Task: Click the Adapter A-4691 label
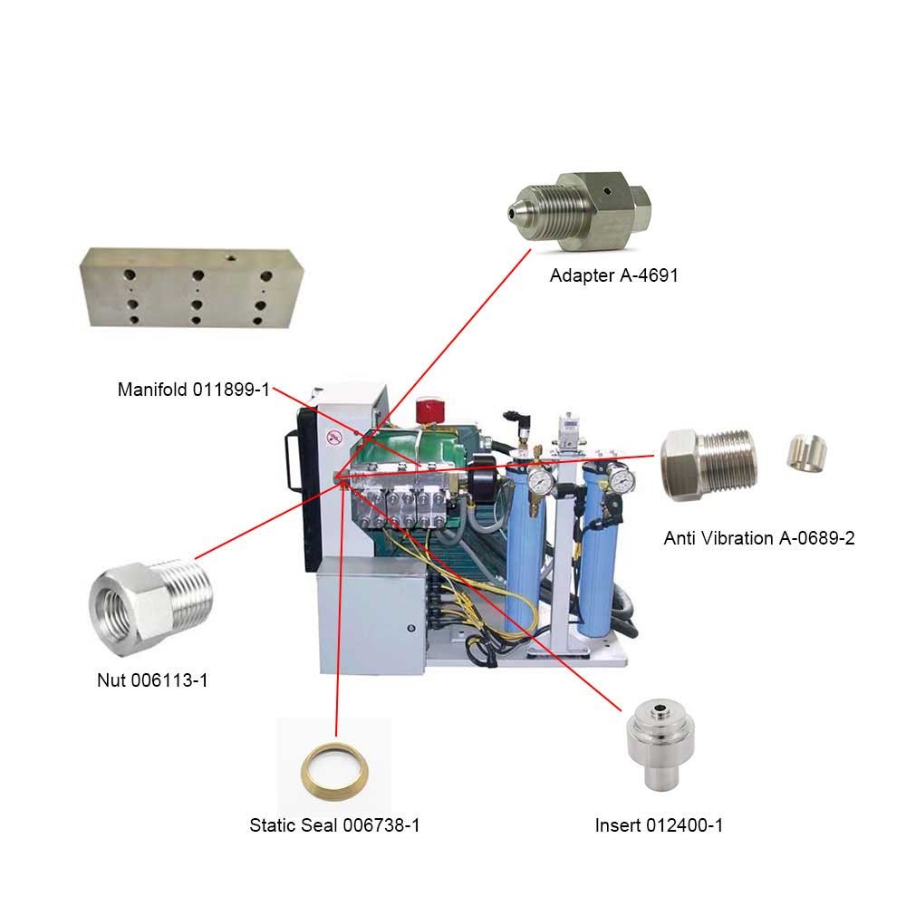(x=613, y=275)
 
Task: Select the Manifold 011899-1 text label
(x=194, y=390)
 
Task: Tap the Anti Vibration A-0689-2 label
(x=758, y=538)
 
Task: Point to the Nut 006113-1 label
(x=152, y=680)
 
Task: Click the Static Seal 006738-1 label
(x=334, y=825)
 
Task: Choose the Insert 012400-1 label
(x=659, y=825)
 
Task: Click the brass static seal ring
(x=334, y=772)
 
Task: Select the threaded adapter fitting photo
(x=580, y=212)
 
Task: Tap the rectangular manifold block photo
(x=191, y=287)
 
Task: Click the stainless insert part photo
(x=660, y=746)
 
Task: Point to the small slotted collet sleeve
(x=806, y=451)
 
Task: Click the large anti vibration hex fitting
(x=708, y=464)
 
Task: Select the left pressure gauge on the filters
(x=540, y=480)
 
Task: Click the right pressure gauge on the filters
(x=620, y=479)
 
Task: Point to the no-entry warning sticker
(x=334, y=438)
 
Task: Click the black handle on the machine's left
(x=293, y=462)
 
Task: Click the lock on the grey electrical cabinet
(x=410, y=628)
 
